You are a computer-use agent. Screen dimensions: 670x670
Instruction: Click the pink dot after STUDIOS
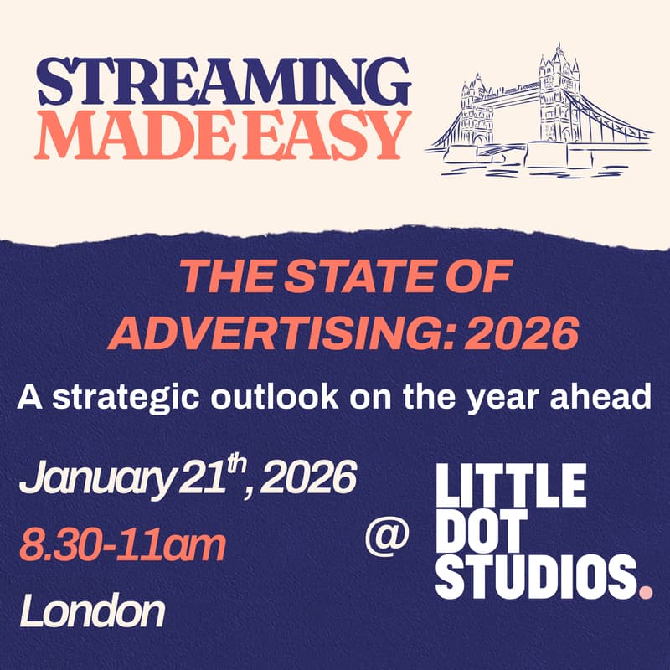(644, 593)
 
